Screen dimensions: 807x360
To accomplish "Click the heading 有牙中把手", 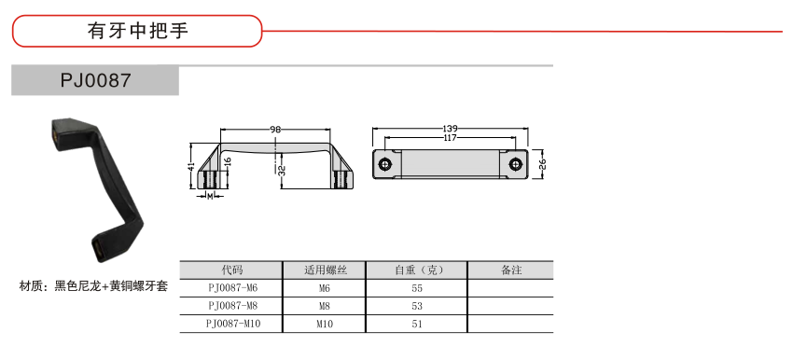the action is [x=138, y=31].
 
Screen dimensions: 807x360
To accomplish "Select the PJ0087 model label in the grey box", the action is [x=96, y=81].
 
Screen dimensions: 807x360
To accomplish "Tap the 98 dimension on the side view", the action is [x=275, y=130].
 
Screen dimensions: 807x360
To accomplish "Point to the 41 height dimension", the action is [x=191, y=167].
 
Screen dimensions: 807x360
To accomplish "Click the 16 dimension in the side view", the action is [x=228, y=161].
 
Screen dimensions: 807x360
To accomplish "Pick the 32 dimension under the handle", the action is [x=282, y=171].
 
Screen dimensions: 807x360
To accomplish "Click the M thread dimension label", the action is [x=210, y=196].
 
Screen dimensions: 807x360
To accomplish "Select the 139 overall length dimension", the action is [x=450, y=128].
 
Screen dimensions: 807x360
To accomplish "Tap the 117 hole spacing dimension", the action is [x=449, y=137].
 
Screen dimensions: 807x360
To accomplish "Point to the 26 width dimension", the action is [x=542, y=164].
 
